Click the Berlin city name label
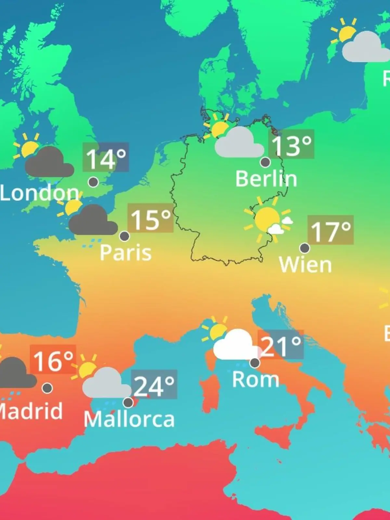(266, 179)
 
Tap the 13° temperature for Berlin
(291, 144)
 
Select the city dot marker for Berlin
(266, 162)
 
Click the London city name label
(39, 193)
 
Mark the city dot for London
(93, 182)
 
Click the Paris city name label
(125, 253)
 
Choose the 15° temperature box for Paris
(150, 218)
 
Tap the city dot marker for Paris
(124, 236)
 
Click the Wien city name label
(305, 265)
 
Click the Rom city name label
(255, 379)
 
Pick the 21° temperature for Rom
(281, 345)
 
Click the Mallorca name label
(129, 419)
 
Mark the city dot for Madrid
(47, 388)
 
